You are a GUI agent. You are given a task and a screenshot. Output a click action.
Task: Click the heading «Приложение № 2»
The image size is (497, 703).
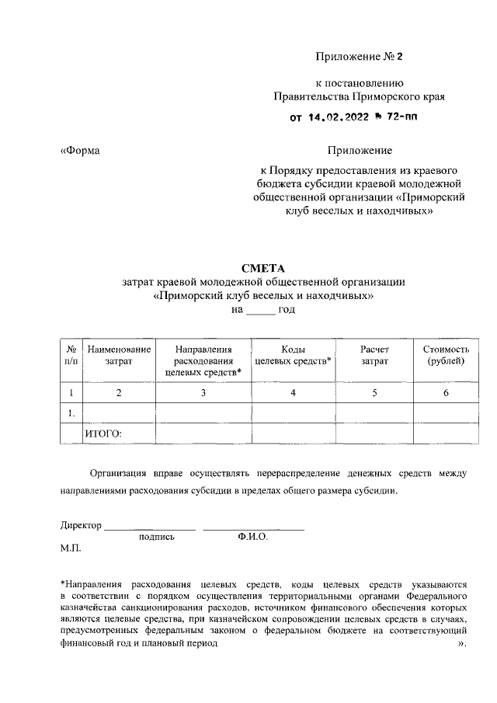[360, 57]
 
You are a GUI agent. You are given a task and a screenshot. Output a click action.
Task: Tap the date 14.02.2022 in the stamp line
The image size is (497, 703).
[339, 118]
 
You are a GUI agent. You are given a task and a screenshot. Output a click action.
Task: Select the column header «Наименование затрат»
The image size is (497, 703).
[119, 356]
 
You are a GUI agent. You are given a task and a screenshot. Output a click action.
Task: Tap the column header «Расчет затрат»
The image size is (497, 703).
[374, 356]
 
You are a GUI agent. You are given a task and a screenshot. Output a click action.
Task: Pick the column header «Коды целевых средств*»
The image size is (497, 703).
[293, 356]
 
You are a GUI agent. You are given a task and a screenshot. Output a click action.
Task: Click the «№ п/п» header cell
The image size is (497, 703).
[71, 356]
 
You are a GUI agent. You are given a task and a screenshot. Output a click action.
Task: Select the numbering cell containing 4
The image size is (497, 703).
[293, 393]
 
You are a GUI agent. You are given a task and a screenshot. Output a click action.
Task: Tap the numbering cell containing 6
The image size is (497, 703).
[446, 393]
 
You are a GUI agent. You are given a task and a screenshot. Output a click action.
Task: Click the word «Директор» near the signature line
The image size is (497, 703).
[81, 525]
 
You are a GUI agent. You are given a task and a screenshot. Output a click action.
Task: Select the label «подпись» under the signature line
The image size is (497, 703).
[156, 537]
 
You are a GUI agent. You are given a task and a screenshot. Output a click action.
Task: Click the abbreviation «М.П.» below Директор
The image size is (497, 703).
[71, 548]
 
